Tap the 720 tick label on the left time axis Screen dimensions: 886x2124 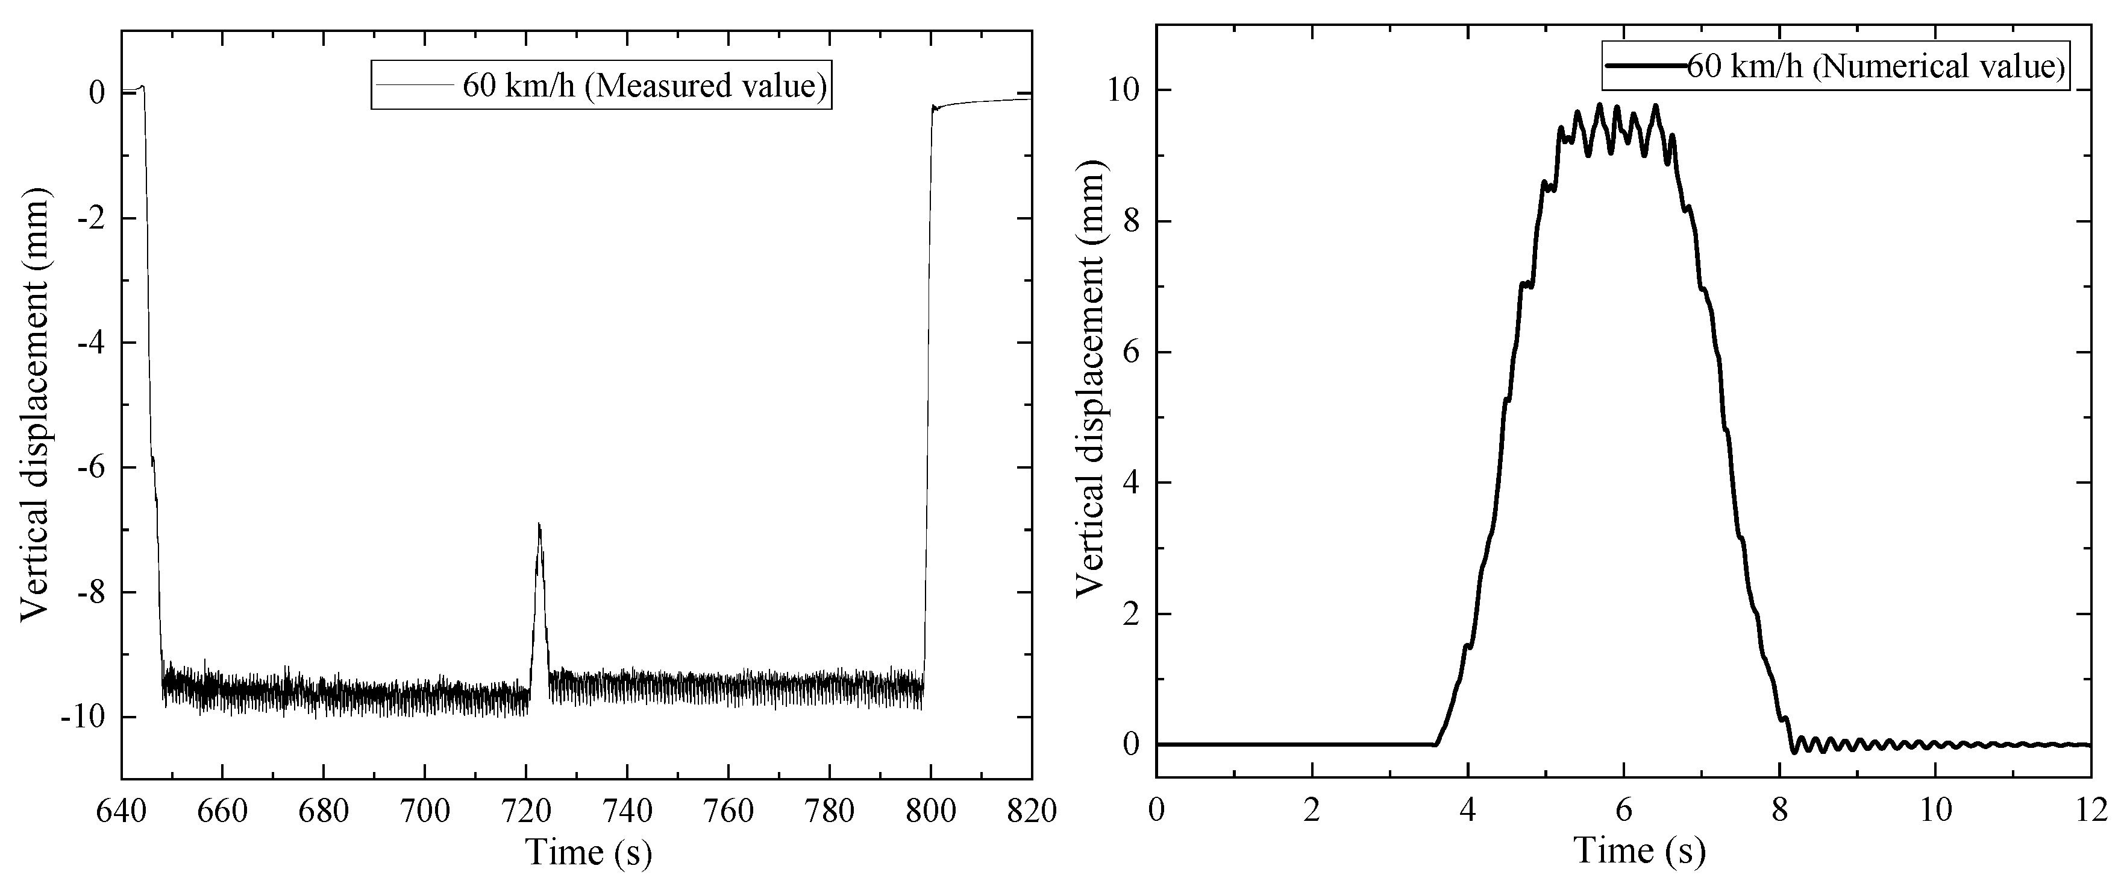click(x=526, y=811)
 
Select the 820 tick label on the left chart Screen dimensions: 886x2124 click(x=1032, y=811)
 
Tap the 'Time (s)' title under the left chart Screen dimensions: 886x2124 click(x=589, y=852)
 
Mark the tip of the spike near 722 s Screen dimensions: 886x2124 click(x=539, y=525)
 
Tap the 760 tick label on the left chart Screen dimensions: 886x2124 click(x=729, y=811)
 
